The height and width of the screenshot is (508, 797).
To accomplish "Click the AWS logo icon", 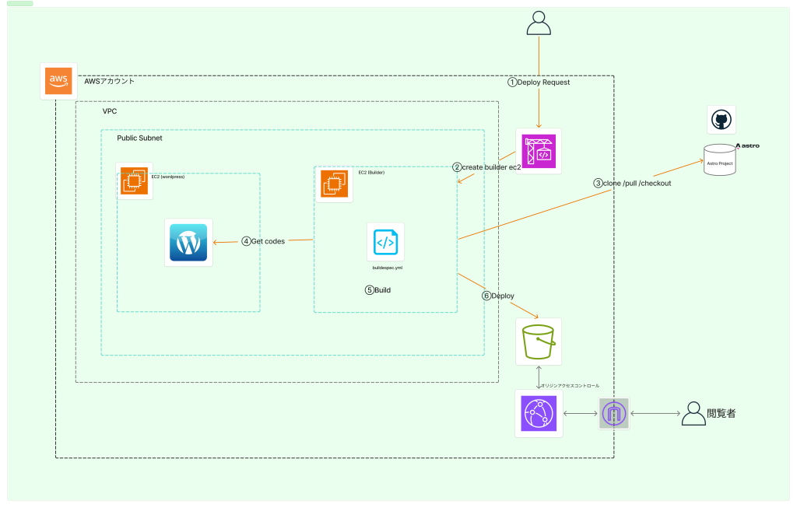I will [59, 81].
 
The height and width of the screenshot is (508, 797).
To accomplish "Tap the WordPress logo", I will [188, 243].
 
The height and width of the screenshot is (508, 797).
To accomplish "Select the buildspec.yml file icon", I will [385, 243].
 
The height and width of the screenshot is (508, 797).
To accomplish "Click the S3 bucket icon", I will [539, 342].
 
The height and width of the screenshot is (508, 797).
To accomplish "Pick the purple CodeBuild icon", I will [539, 150].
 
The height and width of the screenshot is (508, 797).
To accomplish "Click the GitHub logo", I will [722, 120].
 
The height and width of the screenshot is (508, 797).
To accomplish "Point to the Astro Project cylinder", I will [719, 159].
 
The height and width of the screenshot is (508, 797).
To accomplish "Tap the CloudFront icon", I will [539, 413].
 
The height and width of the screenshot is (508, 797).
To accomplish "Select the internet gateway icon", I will [613, 414].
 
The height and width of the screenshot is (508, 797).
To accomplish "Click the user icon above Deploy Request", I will [539, 23].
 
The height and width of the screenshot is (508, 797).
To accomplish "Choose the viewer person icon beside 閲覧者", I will [693, 414].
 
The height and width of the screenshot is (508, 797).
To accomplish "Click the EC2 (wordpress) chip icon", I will [133, 181].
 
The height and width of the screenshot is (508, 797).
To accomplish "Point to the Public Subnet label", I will [139, 138].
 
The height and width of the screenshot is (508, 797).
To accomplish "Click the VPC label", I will [110, 111].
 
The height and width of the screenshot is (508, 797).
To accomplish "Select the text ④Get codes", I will [263, 241].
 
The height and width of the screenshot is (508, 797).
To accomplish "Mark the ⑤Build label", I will [378, 290].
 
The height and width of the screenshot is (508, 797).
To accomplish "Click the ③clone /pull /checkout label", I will [632, 184].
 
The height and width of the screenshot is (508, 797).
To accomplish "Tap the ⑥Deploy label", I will [498, 296].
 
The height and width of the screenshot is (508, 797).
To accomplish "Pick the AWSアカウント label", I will [109, 81].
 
